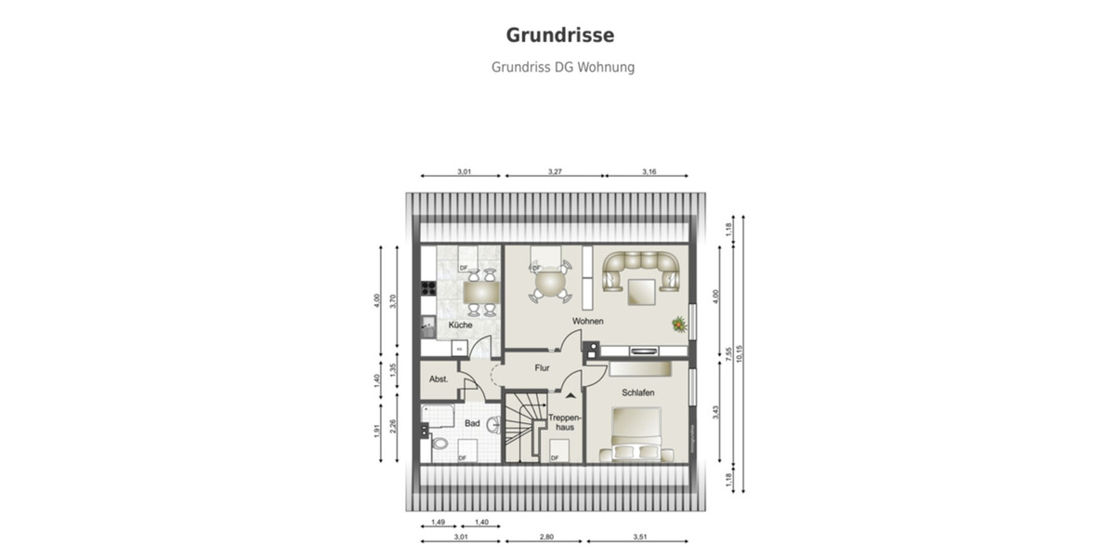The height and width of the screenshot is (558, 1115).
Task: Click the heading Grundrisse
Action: coord(559,35)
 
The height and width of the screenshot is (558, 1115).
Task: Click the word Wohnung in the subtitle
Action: coord(606,68)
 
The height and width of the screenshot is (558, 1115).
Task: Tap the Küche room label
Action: coord(460,325)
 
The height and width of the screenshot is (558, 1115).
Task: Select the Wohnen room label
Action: coord(587,321)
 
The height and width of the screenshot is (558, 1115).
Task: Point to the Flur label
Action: coord(543,368)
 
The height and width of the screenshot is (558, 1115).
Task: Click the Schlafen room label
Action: coord(638,393)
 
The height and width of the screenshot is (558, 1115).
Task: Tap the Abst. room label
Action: coord(439,379)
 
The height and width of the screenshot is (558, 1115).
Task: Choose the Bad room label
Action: coord(472,424)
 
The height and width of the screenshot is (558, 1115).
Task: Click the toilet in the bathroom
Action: coord(438,445)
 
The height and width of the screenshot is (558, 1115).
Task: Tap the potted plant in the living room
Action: coord(680,324)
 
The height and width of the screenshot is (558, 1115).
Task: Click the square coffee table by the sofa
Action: coord(641,291)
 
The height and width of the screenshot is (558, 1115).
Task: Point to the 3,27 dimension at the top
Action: coord(553,171)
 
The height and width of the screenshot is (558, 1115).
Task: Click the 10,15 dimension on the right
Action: coord(740,353)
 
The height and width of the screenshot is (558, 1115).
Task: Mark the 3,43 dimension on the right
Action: coord(715,412)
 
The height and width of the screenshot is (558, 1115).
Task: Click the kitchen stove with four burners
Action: coord(428,288)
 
